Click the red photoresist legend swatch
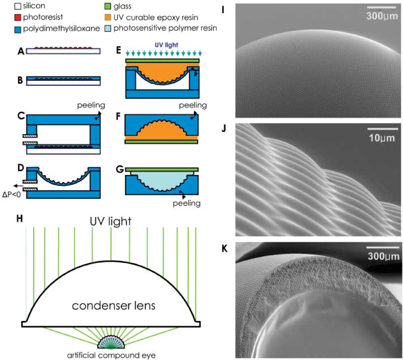click(6, 17)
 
